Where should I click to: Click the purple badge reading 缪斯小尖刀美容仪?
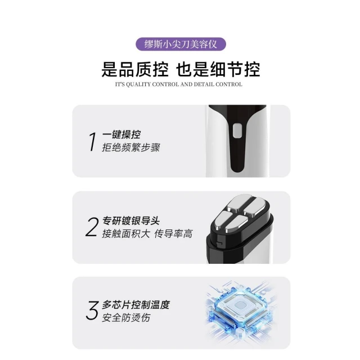tap(181, 44)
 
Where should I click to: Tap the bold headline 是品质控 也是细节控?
tap(181, 69)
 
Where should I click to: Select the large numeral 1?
tap(92, 142)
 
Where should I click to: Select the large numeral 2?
tap(92, 227)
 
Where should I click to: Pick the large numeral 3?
tap(92, 310)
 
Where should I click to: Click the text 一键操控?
tap(121, 134)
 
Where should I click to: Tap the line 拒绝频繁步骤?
tap(131, 147)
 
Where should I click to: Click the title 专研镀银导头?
tap(131, 221)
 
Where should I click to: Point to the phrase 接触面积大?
tap(126, 234)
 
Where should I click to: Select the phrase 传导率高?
tap(174, 234)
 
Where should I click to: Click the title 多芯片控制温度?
tap(136, 305)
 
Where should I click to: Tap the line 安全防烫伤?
tap(126, 318)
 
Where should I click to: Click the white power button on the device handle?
tap(237, 131)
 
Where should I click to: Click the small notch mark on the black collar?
tap(219, 242)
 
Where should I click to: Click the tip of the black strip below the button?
tap(237, 172)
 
